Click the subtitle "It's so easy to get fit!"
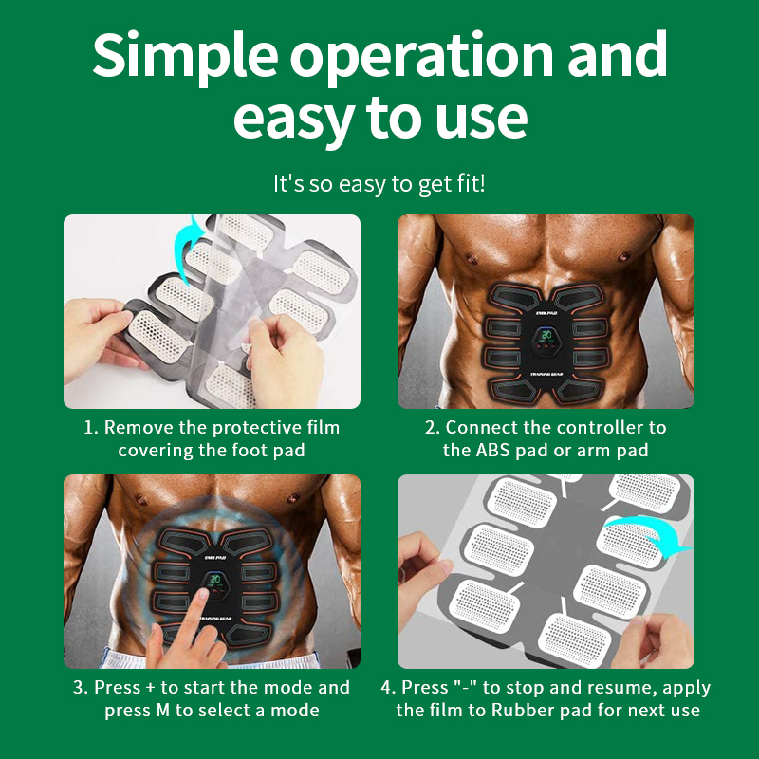tap(379, 184)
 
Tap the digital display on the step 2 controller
tap(546, 335)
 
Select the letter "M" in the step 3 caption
tap(163, 710)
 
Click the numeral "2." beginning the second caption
tap(432, 428)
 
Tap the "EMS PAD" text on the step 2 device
tap(546, 313)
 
